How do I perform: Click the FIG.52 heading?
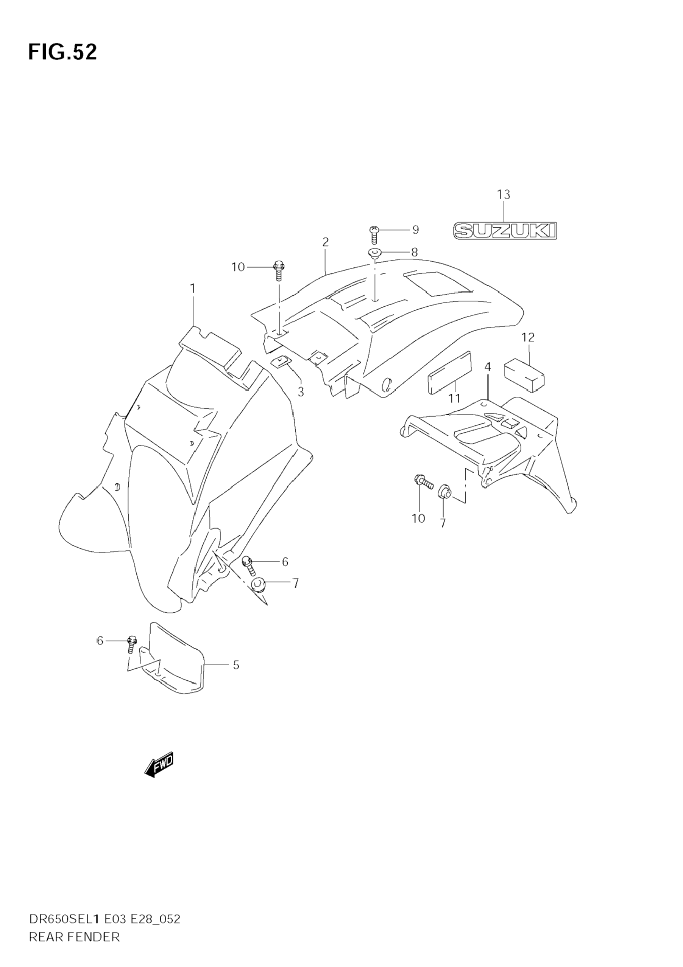coord(62,52)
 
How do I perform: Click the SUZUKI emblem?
coord(505,231)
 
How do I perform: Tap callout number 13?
coord(504,195)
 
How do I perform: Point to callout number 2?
coord(325,242)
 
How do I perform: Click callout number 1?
coord(193,289)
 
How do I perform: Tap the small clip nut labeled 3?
coord(279,362)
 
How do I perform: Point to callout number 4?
coord(487,366)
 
